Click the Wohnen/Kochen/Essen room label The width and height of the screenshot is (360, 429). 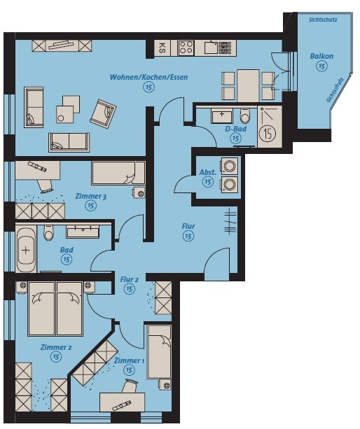pyautogui.click(x=148, y=77)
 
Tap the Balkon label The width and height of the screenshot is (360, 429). pyautogui.click(x=321, y=56)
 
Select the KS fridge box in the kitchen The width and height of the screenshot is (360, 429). pyautogui.click(x=162, y=48)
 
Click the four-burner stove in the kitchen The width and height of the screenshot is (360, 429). pyautogui.click(x=186, y=48)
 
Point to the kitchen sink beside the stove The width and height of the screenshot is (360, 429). pyautogui.click(x=220, y=48)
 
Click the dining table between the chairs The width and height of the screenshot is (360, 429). pyautogui.click(x=248, y=85)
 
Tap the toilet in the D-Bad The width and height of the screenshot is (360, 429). pyautogui.click(x=244, y=116)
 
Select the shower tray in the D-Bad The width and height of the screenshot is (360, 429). pyautogui.click(x=270, y=127)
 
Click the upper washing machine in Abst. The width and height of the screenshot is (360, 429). pyautogui.click(x=230, y=166)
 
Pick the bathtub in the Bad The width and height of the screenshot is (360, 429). pyautogui.click(x=25, y=250)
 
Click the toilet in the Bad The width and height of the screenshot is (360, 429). pyautogui.click(x=49, y=233)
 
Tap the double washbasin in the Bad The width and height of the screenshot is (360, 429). pyautogui.click(x=83, y=232)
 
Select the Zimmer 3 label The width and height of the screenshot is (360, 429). pyautogui.click(x=90, y=196)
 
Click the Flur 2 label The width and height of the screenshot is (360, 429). pyautogui.click(x=129, y=280)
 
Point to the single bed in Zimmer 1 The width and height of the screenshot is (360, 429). pyautogui.click(x=159, y=352)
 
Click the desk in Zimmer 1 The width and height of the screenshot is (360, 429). pyautogui.click(x=122, y=402)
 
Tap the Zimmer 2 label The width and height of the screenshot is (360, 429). pyautogui.click(x=56, y=347)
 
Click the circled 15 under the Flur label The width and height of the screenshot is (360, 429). pyautogui.click(x=188, y=236)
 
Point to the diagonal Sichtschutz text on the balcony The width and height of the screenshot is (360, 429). pyautogui.click(x=335, y=90)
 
